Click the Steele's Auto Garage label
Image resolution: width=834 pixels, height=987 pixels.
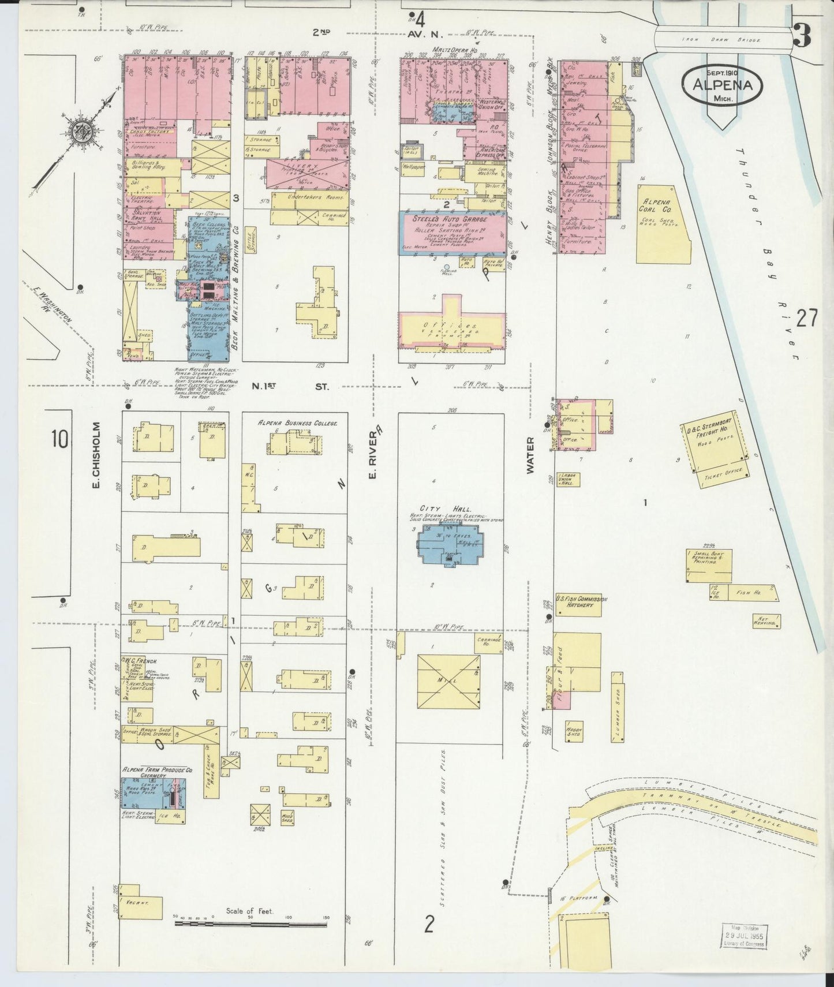[450, 219]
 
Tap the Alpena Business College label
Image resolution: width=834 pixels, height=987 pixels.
[297, 423]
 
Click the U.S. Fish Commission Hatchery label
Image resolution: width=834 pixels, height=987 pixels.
[581, 603]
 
